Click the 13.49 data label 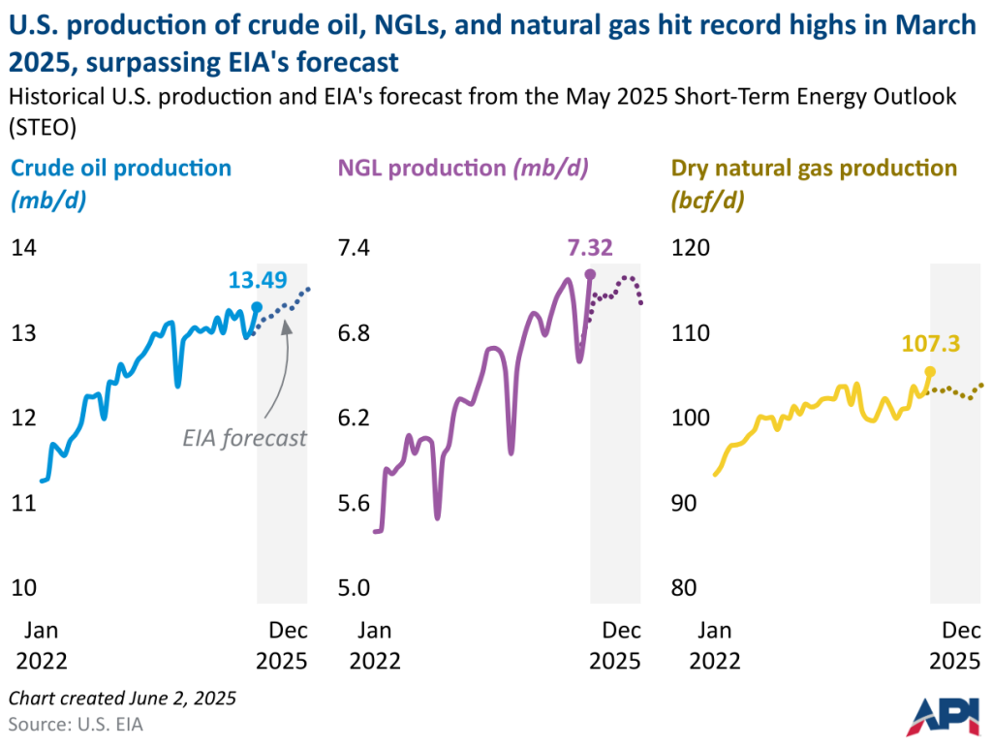258,280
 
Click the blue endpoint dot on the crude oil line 257,306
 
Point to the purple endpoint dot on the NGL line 591,273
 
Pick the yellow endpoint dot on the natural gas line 930,370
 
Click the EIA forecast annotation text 245,438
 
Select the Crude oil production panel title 121,168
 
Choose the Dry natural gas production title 814,168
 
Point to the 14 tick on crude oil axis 23,247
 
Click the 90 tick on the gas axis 685,503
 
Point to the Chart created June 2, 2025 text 122,698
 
